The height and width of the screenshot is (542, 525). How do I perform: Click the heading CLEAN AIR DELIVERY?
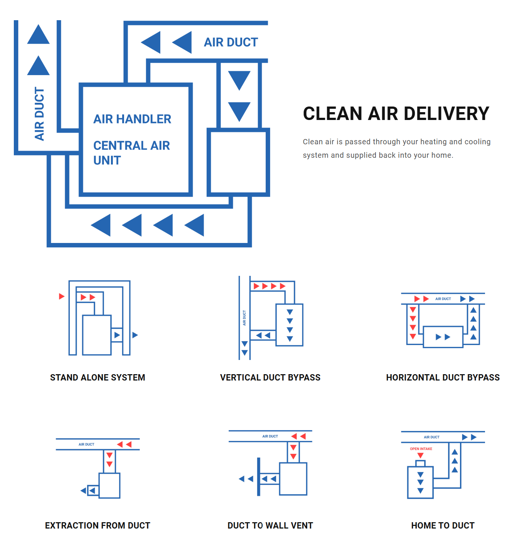pyautogui.click(x=396, y=114)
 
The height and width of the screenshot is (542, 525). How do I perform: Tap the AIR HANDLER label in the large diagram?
pyautogui.click(x=132, y=119)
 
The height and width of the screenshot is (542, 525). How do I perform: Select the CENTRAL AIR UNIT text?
pyautogui.click(x=131, y=153)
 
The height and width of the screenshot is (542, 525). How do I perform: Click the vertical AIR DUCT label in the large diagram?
pyautogui.click(x=39, y=114)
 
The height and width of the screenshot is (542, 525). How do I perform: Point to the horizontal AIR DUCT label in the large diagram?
pyautogui.click(x=231, y=42)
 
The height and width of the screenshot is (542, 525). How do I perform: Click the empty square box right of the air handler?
pyautogui.click(x=238, y=162)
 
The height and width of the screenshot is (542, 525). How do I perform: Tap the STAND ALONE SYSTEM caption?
pyautogui.click(x=98, y=378)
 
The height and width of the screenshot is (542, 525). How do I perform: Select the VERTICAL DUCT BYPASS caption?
pyautogui.click(x=270, y=378)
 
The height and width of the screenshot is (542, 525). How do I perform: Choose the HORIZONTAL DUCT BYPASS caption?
pyautogui.click(x=443, y=378)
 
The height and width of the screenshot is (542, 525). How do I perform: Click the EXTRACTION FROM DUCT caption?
pyautogui.click(x=98, y=526)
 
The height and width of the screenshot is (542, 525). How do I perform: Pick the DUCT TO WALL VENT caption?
pyautogui.click(x=270, y=526)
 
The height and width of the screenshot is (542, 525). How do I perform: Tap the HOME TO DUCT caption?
pyautogui.click(x=443, y=526)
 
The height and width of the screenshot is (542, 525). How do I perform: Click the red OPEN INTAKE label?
pyautogui.click(x=421, y=449)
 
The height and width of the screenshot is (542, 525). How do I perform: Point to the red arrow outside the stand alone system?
pyautogui.click(x=62, y=296)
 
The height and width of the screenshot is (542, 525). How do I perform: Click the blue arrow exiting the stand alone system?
pyautogui.click(x=135, y=335)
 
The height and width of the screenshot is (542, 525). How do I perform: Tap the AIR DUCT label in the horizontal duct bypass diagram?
pyautogui.click(x=443, y=299)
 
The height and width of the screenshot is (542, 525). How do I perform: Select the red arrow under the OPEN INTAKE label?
pyautogui.click(x=420, y=455)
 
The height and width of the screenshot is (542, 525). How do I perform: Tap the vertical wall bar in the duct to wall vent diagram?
pyautogui.click(x=259, y=477)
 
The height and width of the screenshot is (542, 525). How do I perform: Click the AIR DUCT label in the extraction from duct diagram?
pyautogui.click(x=86, y=444)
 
